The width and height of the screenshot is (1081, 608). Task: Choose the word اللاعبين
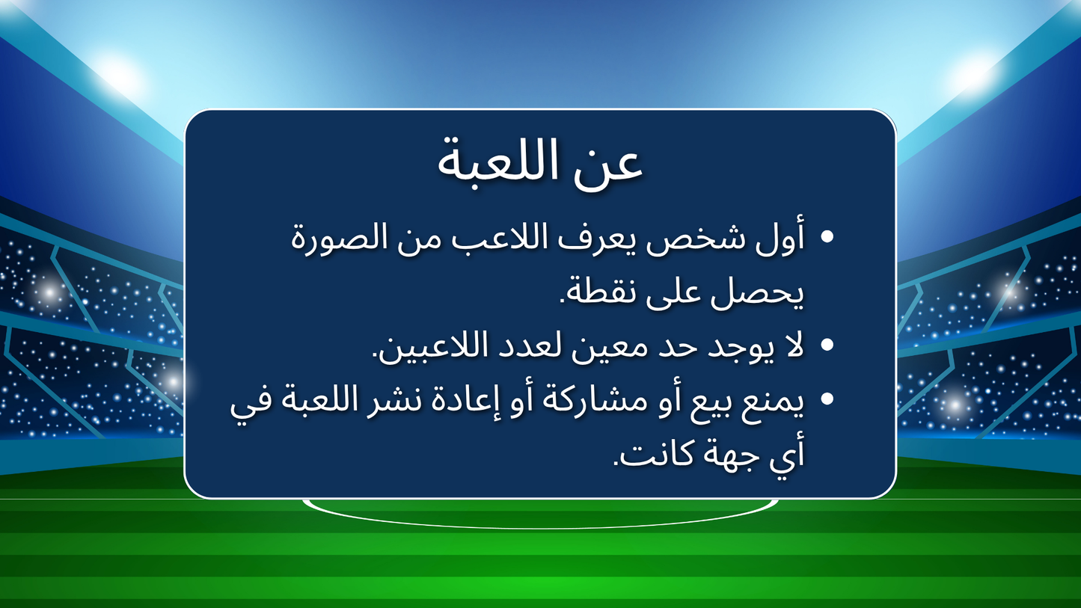tap(426, 346)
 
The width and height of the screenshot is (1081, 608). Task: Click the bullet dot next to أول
tap(827, 238)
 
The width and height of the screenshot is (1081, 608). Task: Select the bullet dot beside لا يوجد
tap(827, 345)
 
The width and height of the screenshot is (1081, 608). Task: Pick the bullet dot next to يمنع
tap(827, 399)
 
